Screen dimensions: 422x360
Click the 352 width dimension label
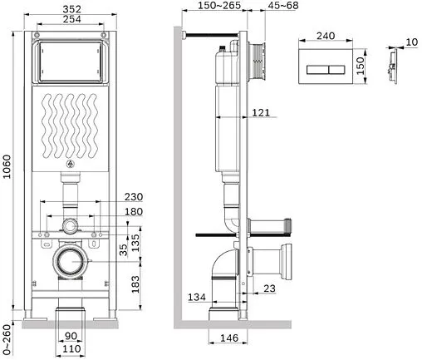point(71,9)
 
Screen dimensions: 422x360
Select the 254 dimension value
point(71,19)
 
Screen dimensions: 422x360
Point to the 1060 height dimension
point(7,167)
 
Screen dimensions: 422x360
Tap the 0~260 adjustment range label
point(7,339)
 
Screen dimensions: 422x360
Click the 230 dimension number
point(134,197)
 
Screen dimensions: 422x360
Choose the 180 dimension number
point(134,212)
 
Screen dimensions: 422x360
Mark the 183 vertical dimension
point(135,284)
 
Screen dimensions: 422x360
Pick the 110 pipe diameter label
point(71,348)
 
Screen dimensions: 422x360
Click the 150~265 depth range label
point(219,5)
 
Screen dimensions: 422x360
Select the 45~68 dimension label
point(283,5)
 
